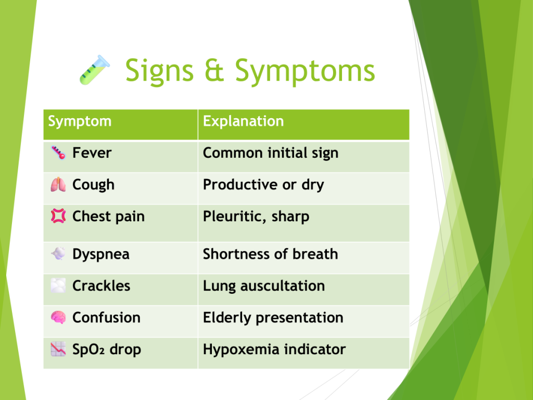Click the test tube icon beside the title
pos(95,70)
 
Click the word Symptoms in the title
pos(305,71)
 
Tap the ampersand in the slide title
pos(214,70)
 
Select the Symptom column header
pos(80,121)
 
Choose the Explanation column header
pos(244,121)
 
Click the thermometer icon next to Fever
pos(58,153)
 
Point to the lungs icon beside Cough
pos(58,184)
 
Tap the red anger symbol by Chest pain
pos(58,216)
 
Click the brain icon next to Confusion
pos(58,317)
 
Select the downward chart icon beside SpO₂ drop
pos(58,349)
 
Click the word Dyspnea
pos(101,254)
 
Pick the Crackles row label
pos(101,286)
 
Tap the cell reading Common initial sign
pos(271,153)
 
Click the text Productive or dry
pos(263,185)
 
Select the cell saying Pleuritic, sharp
pos(256,216)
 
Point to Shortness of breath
pos(270,254)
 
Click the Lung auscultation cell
pos(264,286)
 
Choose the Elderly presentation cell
pos(273,318)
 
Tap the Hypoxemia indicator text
pos(274,349)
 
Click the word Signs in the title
pos(159,71)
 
